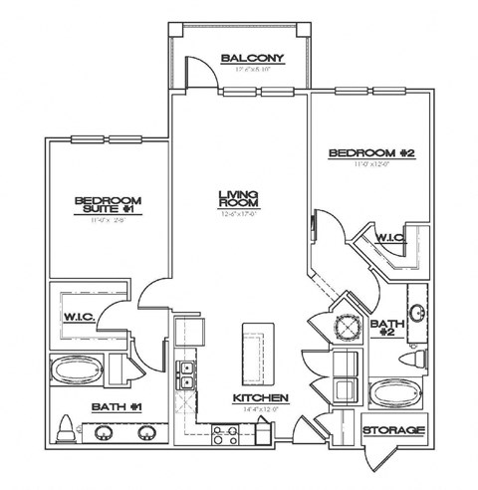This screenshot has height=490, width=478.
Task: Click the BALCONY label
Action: [254, 58]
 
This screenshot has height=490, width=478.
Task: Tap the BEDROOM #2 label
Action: [371, 154]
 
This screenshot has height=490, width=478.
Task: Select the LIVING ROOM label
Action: [239, 198]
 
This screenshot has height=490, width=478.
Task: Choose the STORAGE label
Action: [394, 430]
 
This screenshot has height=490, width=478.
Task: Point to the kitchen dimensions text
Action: [261, 408]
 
